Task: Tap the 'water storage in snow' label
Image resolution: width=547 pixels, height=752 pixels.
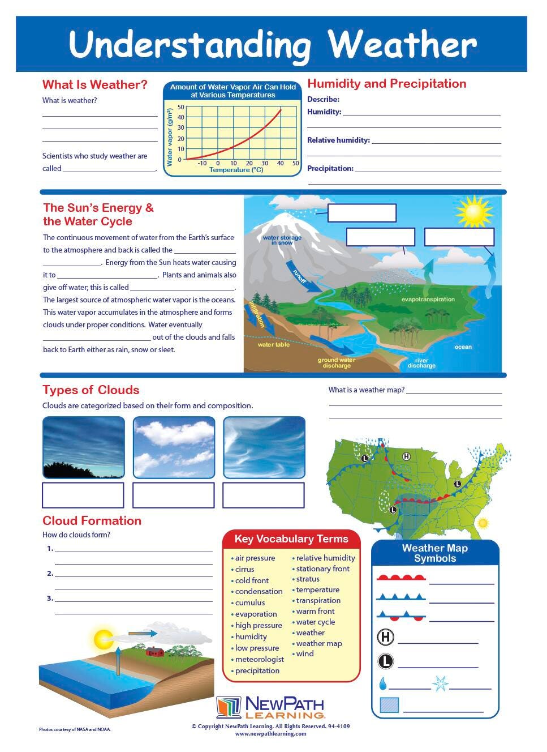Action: (x=282, y=240)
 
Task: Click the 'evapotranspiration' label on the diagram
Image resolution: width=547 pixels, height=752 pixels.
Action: (x=428, y=299)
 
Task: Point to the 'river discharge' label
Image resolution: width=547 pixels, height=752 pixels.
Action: (x=421, y=363)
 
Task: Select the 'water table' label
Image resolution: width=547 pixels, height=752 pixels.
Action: (x=273, y=344)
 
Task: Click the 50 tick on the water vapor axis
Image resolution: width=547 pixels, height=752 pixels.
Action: (x=181, y=107)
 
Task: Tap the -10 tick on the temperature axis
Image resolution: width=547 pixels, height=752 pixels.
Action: (x=202, y=163)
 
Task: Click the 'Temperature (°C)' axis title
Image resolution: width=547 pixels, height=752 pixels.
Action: (x=236, y=170)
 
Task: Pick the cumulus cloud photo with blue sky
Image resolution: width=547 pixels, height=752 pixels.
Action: (x=174, y=447)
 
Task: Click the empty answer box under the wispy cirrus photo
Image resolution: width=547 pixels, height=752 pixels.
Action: (x=264, y=495)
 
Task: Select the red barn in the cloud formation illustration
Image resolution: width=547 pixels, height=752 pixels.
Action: (x=154, y=651)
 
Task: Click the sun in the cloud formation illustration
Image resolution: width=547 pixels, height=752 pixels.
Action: (x=104, y=639)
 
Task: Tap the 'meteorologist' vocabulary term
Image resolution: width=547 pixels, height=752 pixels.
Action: (x=260, y=659)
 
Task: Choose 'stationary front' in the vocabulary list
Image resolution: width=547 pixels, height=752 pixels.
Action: (x=323, y=569)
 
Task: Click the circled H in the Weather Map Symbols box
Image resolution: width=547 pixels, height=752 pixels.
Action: (x=385, y=637)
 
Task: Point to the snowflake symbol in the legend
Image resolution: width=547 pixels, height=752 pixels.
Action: (x=440, y=683)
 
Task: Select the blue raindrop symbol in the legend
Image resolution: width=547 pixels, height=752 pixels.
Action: (x=383, y=684)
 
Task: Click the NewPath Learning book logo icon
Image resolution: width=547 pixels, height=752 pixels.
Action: (x=229, y=708)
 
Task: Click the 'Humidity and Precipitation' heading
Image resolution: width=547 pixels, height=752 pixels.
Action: (x=387, y=84)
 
